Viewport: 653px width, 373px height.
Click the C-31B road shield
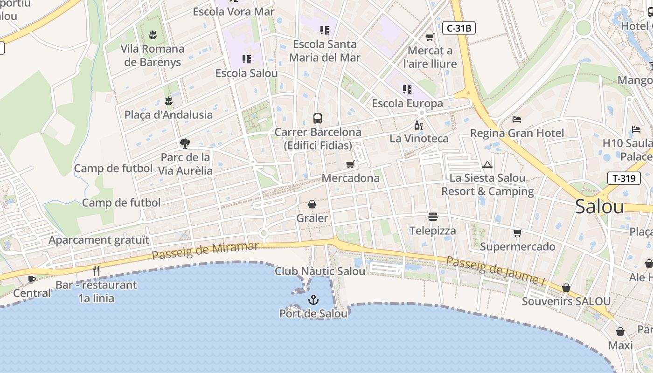[458, 28]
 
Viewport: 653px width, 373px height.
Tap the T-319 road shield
[624, 178]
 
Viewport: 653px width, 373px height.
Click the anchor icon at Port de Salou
[313, 300]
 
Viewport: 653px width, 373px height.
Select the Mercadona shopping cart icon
[350, 164]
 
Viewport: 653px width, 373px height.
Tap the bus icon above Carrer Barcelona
[318, 118]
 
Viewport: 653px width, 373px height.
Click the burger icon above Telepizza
[433, 217]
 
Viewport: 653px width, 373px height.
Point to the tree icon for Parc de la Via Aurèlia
[185, 143]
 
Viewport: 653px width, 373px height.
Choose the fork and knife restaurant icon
[96, 270]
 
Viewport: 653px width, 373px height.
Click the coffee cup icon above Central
[31, 279]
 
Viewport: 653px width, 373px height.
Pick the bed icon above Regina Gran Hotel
[516, 119]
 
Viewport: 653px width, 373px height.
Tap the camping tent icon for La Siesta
[487, 165]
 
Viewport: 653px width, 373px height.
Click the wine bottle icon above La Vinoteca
[419, 125]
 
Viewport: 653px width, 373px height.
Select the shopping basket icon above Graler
[312, 204]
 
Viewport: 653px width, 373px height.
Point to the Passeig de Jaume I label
[496, 271]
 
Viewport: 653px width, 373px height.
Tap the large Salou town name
[599, 206]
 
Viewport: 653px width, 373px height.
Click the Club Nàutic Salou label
[320, 271]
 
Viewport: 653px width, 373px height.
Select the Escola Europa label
[407, 103]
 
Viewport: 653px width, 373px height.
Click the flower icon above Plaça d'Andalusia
[168, 101]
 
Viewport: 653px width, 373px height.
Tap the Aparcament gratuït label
[99, 240]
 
